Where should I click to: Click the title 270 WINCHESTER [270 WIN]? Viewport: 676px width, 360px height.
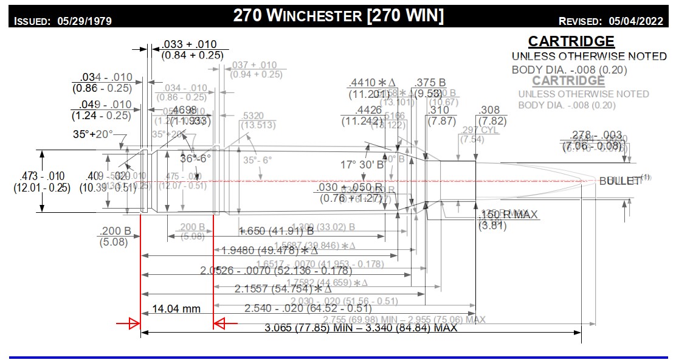pos(338,16)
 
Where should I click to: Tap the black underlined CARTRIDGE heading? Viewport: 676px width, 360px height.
pos(571,41)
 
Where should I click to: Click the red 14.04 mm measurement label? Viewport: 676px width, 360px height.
pos(176,308)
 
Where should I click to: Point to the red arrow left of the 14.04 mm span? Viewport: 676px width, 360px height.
pos(127,324)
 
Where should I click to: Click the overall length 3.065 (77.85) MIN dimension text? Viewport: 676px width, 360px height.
pos(361,328)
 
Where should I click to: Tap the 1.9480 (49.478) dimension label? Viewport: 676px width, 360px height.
pos(269,250)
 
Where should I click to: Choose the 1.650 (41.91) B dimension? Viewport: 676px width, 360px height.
pos(276,230)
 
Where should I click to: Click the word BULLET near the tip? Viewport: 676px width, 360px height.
pos(620,181)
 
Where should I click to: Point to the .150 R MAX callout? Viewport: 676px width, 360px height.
pos(502,214)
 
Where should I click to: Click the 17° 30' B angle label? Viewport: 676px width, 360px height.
pos(362,164)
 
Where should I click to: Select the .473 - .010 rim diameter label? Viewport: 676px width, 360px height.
pos(41,181)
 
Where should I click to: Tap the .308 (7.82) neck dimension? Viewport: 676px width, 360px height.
pos(489,116)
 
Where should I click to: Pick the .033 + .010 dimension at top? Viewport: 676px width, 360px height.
pos(188,50)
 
